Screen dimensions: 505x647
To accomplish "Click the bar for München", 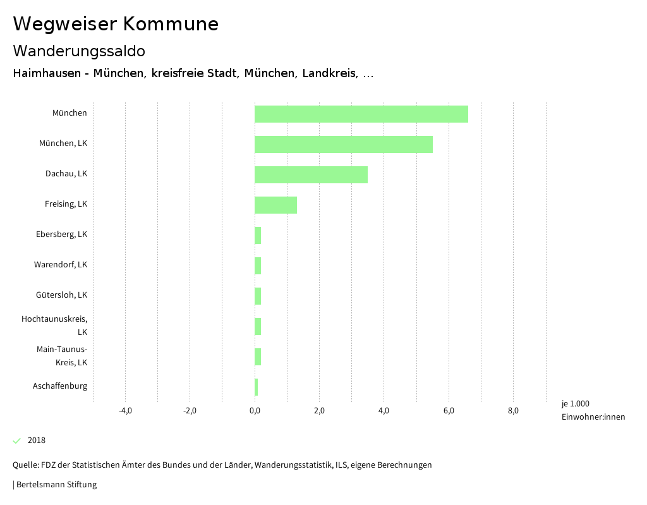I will point(361,114).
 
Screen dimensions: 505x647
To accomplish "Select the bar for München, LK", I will point(343,144).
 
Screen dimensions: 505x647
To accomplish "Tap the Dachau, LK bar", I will point(311,174).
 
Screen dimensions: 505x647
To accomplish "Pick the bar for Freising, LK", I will point(275,205).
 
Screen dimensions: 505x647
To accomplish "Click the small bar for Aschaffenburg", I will point(257,387).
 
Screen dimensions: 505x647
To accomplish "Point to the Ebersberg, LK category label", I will point(61,234).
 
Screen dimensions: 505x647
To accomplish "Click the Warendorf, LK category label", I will point(61,264).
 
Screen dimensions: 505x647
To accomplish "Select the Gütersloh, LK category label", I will point(61,295).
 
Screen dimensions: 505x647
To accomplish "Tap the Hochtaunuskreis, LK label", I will point(54,326).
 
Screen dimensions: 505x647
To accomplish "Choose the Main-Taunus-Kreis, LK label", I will point(62,356).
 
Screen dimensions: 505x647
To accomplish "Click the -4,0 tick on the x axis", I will point(125,411).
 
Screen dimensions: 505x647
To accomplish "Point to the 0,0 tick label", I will point(255,411).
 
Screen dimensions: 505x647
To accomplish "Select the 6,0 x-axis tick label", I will point(449,411).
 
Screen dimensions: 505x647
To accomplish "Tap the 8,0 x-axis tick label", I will point(513,411).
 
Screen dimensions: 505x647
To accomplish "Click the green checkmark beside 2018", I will point(17,441).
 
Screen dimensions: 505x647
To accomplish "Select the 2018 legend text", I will point(37,441).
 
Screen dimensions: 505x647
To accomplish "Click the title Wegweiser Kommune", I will point(116,24).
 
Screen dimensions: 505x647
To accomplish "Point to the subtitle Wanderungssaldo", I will point(79,51).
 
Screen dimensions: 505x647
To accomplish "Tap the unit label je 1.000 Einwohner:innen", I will point(593,410).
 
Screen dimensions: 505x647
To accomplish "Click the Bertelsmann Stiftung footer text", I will point(56,485).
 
